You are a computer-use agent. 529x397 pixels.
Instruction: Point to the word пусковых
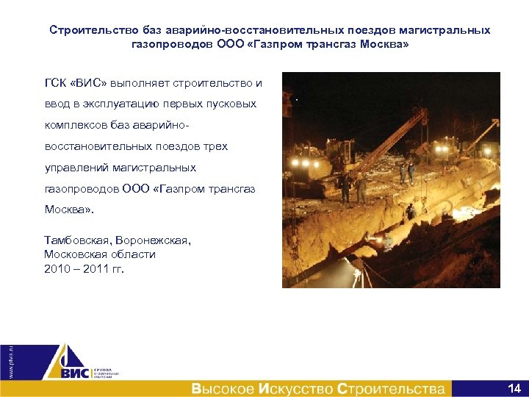click(x=234, y=104)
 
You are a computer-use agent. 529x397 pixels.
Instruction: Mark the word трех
click(x=214, y=146)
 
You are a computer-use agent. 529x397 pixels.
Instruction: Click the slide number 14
click(x=514, y=387)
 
